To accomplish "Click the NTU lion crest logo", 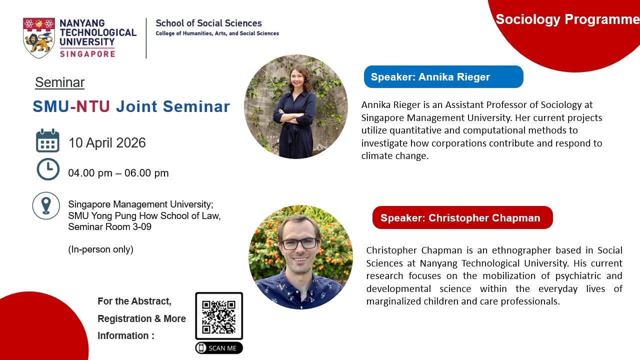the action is [39, 37].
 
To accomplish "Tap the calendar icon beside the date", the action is [47, 140].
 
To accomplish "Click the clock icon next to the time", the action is [48, 169].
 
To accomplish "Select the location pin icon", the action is [46, 205].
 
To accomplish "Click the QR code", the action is [219, 316].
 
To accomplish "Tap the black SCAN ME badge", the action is [219, 348].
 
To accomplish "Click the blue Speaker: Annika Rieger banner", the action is [443, 77].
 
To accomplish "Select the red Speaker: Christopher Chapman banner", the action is [462, 217].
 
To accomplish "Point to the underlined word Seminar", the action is [59, 82].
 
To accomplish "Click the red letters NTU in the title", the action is [93, 106].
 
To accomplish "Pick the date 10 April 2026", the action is [107, 142].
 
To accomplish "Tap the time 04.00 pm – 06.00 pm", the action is [118, 173].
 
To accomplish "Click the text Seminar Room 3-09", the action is [109, 227].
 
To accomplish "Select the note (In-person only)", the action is [100, 249].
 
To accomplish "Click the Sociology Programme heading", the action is [567, 19].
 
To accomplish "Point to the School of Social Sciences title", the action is [208, 23].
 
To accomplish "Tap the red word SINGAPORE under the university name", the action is [87, 53].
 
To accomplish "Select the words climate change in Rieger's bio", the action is [395, 156].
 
